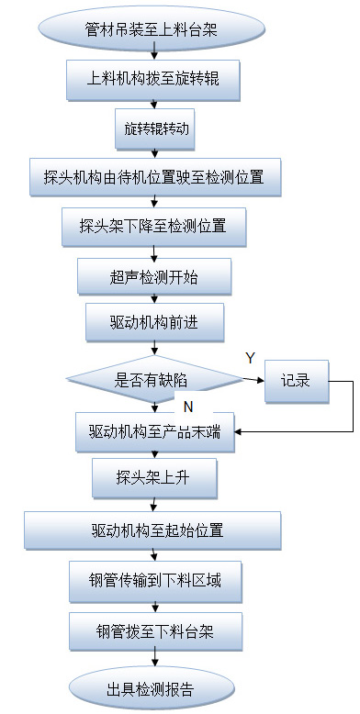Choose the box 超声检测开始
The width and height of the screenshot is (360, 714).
154,275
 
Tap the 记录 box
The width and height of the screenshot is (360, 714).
297,378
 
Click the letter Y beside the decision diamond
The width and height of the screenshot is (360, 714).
249,356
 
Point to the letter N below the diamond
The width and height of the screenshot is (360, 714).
187,404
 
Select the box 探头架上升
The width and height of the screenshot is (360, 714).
154,479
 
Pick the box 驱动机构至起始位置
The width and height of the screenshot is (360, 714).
152,530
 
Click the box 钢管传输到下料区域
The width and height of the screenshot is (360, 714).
154,580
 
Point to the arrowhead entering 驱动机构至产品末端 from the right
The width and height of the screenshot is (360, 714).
240,430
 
